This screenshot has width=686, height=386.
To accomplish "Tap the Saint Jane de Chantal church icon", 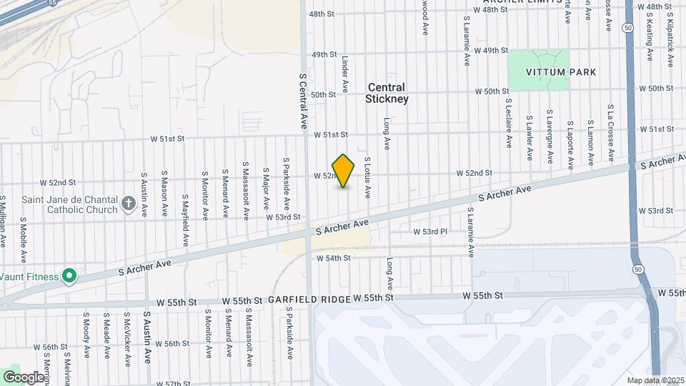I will coord(129,204).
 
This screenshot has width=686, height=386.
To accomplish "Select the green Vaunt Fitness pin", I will coord(69,275).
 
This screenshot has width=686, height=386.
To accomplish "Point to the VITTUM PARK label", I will coord(541,73).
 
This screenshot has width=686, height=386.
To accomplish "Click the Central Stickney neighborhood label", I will coord(388,93).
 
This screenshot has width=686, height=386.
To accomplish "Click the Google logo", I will coord(24,377).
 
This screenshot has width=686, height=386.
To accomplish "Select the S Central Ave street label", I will coord(302,100).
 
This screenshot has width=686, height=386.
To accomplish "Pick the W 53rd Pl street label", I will coord(430,232).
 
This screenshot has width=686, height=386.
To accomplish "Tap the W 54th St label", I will coord(333,257).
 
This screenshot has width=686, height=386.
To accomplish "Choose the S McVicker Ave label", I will coord(126,335).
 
